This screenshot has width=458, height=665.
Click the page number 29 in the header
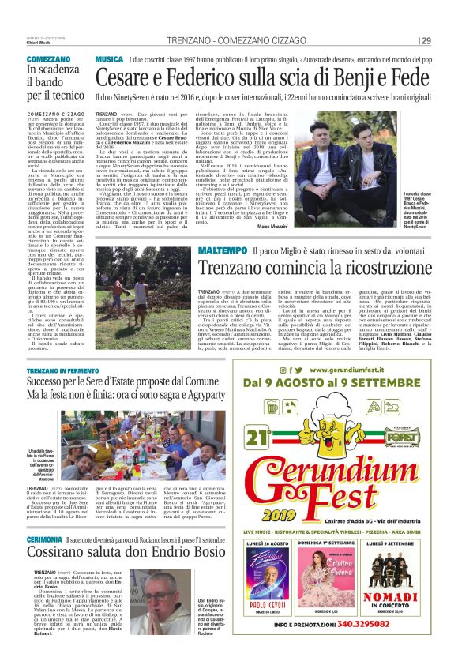[x=426, y=41]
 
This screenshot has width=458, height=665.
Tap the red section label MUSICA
[x=108, y=59]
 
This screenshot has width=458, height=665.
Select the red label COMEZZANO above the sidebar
[x=48, y=59]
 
